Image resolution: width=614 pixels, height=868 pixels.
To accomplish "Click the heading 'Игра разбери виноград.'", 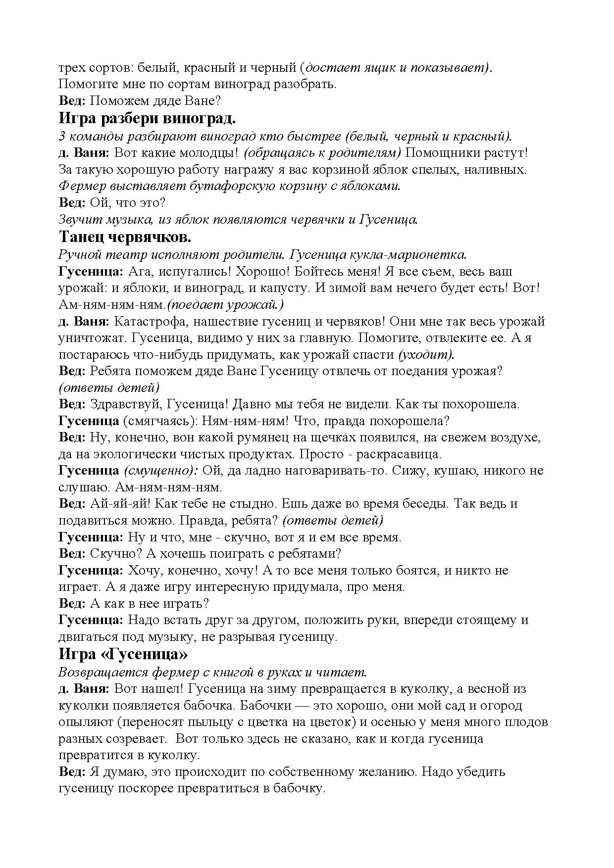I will [x=147, y=119].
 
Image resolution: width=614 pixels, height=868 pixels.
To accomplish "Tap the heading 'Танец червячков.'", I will [x=125, y=237].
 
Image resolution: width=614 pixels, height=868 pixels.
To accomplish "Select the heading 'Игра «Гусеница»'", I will [x=123, y=654].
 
